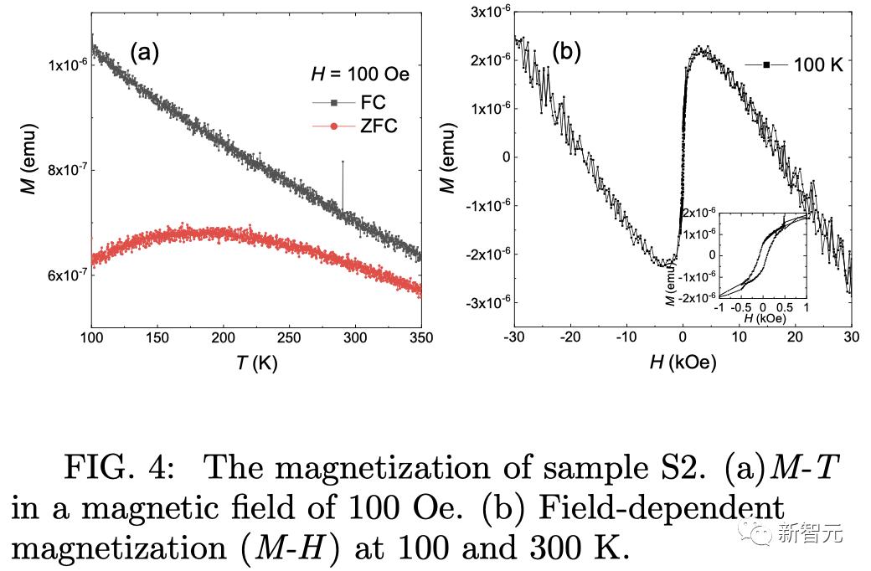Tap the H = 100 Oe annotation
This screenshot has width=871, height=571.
[x=354, y=75]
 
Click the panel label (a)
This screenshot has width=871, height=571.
[x=143, y=54]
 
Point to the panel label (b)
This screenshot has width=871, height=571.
[x=565, y=54]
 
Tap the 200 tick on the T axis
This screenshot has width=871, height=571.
[x=223, y=337]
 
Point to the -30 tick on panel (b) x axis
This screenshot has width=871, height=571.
[x=514, y=337]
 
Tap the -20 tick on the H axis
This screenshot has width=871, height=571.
[x=570, y=337]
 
